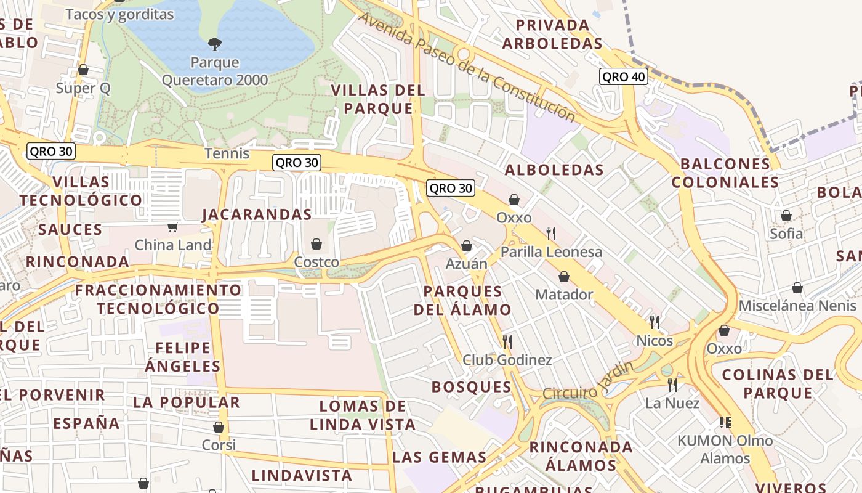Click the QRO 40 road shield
[623, 76]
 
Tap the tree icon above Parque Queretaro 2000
[215, 44]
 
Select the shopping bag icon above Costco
[316, 244]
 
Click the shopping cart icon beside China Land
[173, 227]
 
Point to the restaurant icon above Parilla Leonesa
[551, 233]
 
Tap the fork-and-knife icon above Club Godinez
[507, 341]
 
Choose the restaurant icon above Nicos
[655, 322]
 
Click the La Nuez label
[672, 403]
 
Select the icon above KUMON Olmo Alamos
[725, 422]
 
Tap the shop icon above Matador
[563, 277]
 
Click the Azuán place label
[466, 264]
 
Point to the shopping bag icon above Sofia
[786, 216]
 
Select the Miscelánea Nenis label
[797, 306]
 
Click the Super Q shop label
[83, 88]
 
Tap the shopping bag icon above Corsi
[219, 427]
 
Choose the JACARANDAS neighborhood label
[257, 214]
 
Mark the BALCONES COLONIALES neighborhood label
[725, 173]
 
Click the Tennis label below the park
[227, 153]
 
